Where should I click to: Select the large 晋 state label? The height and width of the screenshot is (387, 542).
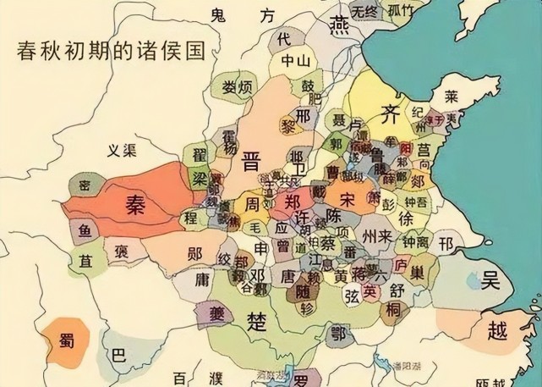pyautogui.click(x=251, y=160)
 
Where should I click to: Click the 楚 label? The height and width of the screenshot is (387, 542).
pyautogui.click(x=255, y=320)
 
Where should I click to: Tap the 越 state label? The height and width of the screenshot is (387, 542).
pyautogui.click(x=499, y=330)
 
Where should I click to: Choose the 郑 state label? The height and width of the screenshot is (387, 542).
pyautogui.click(x=293, y=202)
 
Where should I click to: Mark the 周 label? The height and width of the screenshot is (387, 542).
pyautogui.click(x=252, y=206)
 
